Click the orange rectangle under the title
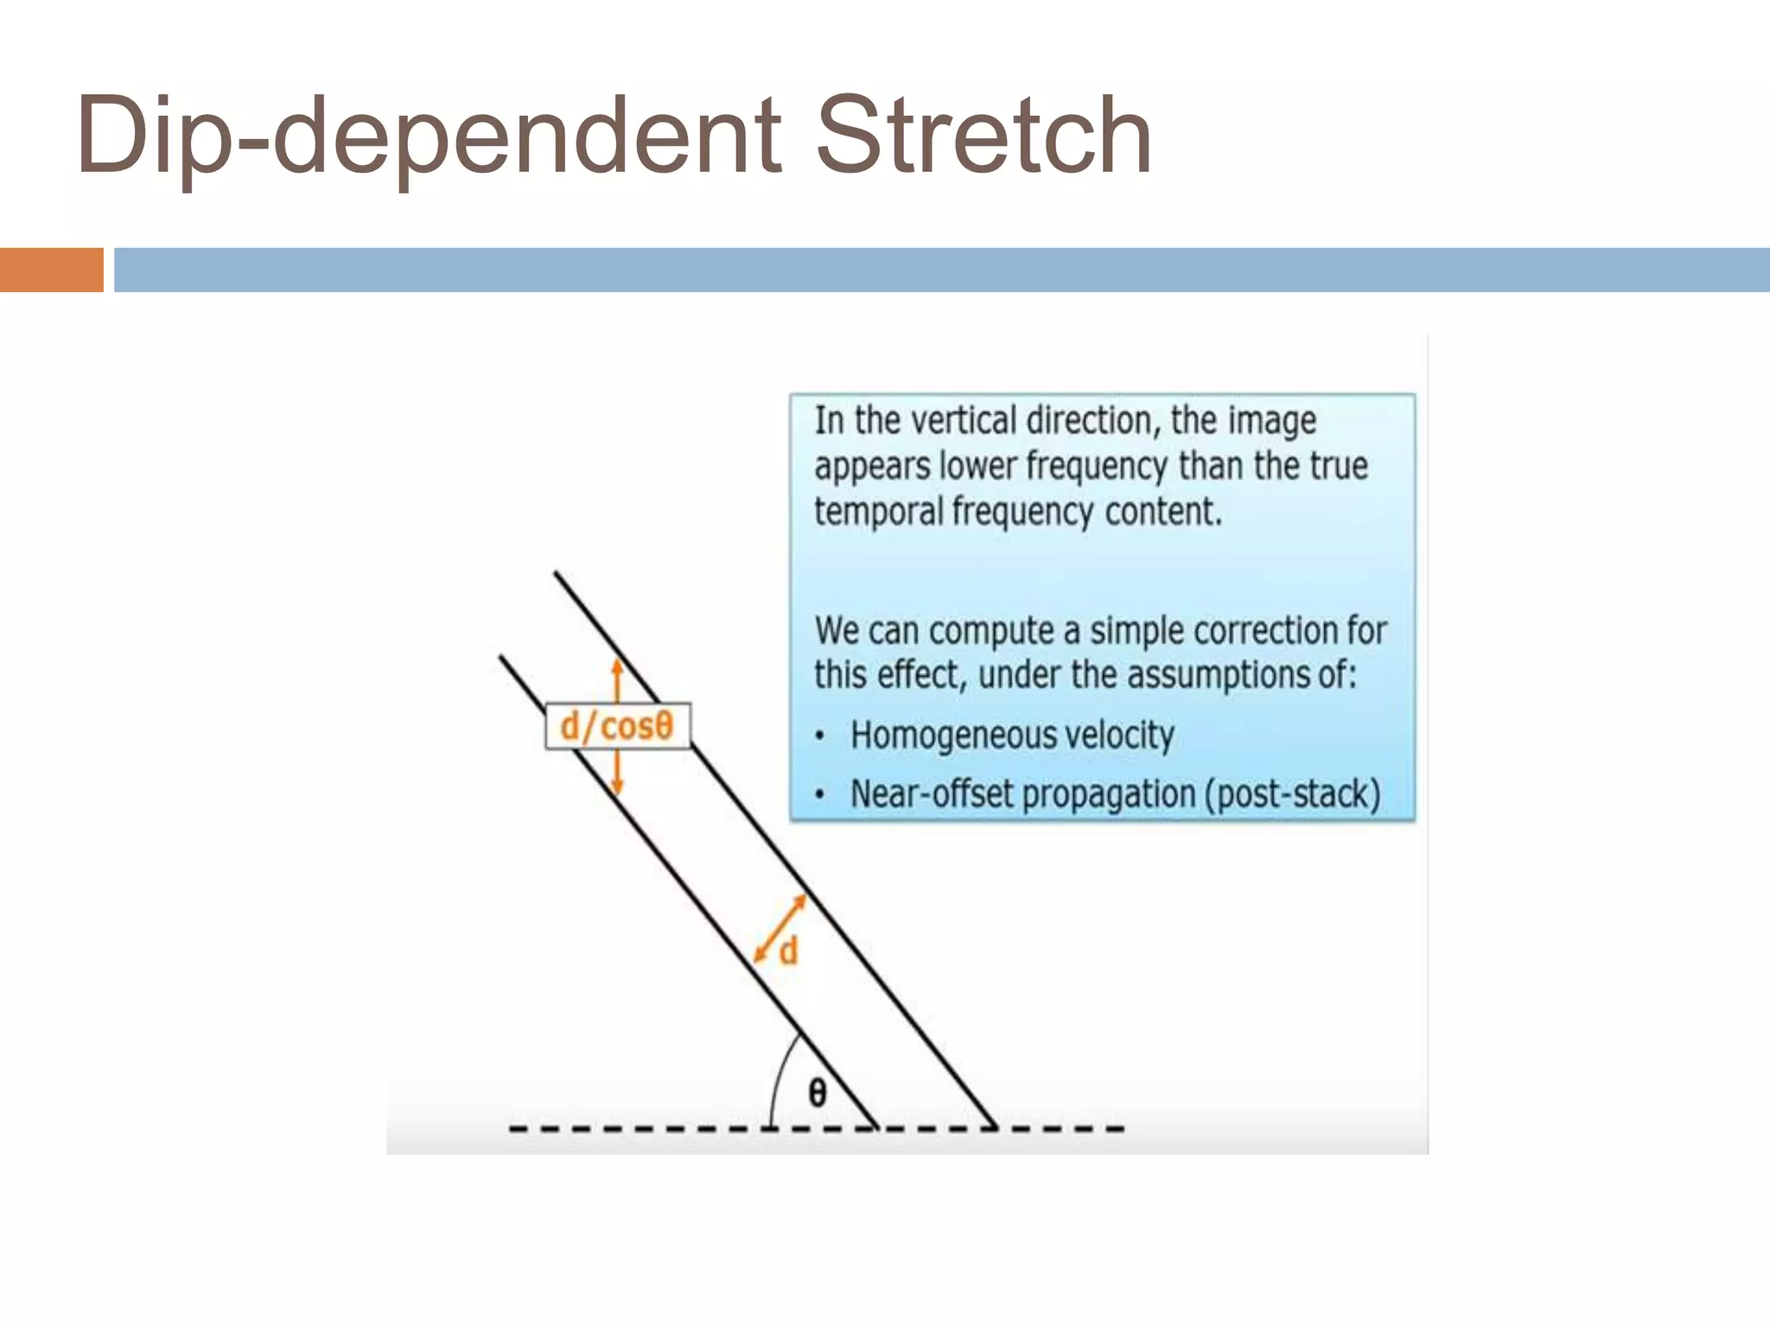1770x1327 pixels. pyautogui.click(x=51, y=270)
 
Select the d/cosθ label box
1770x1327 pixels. pyautogui.click(x=617, y=727)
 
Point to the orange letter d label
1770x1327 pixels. pyautogui.click(x=788, y=952)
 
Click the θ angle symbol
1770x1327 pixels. pyautogui.click(x=817, y=1093)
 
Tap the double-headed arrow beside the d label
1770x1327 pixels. pyautogui.click(x=780, y=928)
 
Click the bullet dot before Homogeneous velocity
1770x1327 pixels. pyautogui.click(x=820, y=737)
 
